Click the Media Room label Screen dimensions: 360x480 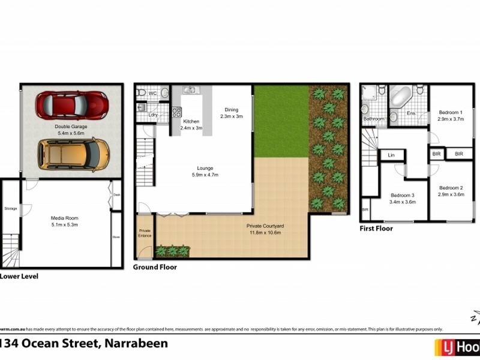click(65, 217)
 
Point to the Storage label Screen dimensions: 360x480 click(11, 209)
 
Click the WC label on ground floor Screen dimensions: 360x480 click(152, 94)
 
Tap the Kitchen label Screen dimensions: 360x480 click(191, 121)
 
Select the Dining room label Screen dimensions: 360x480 click(231, 110)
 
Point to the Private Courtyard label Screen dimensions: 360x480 click(265, 226)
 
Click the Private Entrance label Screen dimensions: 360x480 click(145, 233)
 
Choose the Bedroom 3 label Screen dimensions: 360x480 click(403, 195)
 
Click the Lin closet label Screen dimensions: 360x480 click(391, 155)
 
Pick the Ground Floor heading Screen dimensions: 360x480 click(155, 267)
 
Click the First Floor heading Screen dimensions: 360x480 click(376, 229)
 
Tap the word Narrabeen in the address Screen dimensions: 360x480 click(136, 344)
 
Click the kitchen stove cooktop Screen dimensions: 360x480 click(177, 112)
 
